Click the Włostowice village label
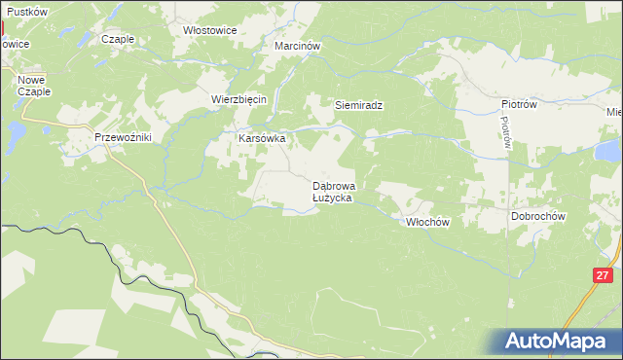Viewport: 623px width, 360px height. click(x=210, y=30)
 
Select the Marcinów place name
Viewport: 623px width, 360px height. click(x=297, y=46)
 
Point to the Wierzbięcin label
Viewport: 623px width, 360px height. click(x=238, y=99)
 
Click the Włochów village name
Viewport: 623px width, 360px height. click(x=426, y=222)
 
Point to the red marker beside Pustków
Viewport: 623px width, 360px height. click(x=2, y=19)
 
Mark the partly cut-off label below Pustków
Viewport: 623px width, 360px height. click(x=14, y=44)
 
